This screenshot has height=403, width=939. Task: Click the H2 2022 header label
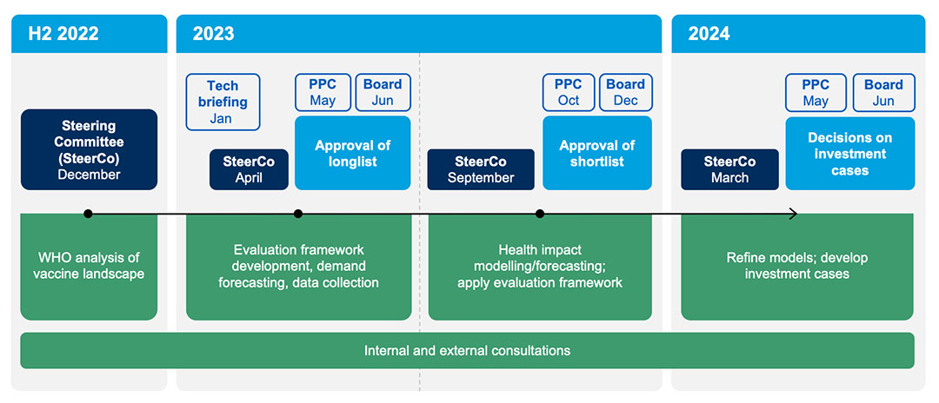(63, 34)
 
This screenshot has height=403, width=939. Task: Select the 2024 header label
(709, 34)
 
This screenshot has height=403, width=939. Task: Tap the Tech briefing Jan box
(223, 102)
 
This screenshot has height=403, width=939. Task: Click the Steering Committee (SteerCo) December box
(90, 149)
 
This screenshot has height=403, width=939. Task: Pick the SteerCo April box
(250, 169)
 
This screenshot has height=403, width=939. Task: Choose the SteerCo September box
(481, 169)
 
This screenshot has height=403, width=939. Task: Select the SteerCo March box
(730, 169)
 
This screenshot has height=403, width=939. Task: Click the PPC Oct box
(569, 92)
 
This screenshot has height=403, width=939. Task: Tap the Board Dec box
(626, 92)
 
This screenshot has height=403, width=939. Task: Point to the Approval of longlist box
(353, 153)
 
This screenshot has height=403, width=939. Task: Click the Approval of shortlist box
(597, 153)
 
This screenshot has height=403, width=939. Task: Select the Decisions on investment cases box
(850, 153)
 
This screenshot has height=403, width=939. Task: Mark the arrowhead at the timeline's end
(796, 214)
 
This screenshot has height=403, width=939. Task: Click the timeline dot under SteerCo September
(540, 214)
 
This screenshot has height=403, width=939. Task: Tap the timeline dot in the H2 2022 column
(88, 214)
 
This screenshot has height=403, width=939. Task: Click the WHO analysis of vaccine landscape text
(90, 266)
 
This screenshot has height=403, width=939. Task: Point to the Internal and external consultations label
(467, 350)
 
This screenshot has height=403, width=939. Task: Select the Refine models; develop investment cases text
(797, 266)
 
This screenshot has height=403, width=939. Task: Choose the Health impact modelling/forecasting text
(540, 258)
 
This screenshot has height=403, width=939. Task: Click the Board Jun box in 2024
(884, 92)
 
